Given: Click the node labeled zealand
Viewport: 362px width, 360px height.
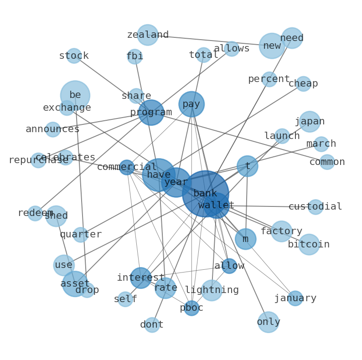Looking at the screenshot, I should point(148,35).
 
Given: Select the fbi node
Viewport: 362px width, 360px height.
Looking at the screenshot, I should point(134,57).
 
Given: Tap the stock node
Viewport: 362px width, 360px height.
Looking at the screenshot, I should point(74,56).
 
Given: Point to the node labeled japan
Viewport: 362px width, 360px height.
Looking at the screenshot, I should point(310,122).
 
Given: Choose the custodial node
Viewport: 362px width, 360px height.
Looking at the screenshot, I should point(315,207).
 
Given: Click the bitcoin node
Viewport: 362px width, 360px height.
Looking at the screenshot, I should point(309,245).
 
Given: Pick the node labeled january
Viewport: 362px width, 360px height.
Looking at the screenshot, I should point(295,298).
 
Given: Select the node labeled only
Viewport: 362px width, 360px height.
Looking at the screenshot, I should point(268,322).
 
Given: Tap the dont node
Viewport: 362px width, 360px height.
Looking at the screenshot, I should point(152,325).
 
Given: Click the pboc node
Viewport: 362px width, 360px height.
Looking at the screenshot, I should point(191,308).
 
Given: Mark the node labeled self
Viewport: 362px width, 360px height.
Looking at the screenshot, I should point(125,299).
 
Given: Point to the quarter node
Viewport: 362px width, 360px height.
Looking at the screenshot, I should point(81,235).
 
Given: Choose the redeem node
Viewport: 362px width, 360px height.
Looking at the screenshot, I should point(35,213).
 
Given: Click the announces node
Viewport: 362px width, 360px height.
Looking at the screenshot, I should point(53,129).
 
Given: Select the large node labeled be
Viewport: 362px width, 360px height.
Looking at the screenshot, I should point(75,95).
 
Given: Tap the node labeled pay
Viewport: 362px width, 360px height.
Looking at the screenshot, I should point(191,104).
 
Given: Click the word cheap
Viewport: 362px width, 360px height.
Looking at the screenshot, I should point(303,84).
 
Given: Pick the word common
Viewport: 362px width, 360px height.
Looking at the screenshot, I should point(327,162).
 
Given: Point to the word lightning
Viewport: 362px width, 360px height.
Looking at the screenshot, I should point(212,290).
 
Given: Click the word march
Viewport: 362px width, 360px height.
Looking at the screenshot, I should point(321,144).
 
